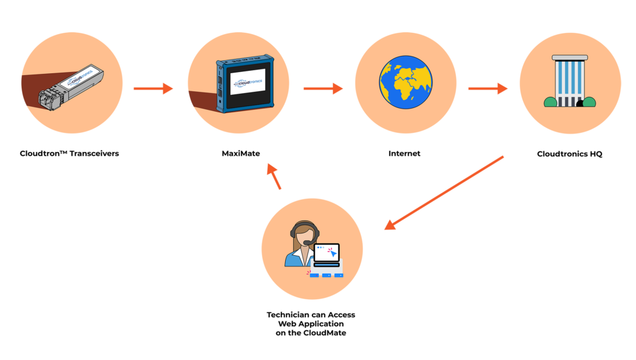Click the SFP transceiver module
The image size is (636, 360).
pyautogui.click(x=70, y=88)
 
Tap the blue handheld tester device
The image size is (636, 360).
pyautogui.click(x=245, y=83)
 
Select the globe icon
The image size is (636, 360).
pyautogui.click(x=406, y=82)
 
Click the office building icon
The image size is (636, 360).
pyautogui.click(x=570, y=83)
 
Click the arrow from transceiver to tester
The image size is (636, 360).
pyautogui.click(x=153, y=89)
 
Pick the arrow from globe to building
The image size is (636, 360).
pyautogui.click(x=488, y=89)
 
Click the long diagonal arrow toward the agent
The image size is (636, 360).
pyautogui.click(x=443, y=192)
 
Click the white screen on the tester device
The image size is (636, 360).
pyautogui.click(x=247, y=81)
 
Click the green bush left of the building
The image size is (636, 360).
pyautogui.click(x=550, y=102)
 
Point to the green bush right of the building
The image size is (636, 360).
pyautogui.click(x=589, y=102)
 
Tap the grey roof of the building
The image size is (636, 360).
pyautogui.click(x=570, y=58)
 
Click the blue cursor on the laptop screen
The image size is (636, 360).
pyautogui.click(x=333, y=253)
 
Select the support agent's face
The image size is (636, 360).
pyautogui.click(x=304, y=238)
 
